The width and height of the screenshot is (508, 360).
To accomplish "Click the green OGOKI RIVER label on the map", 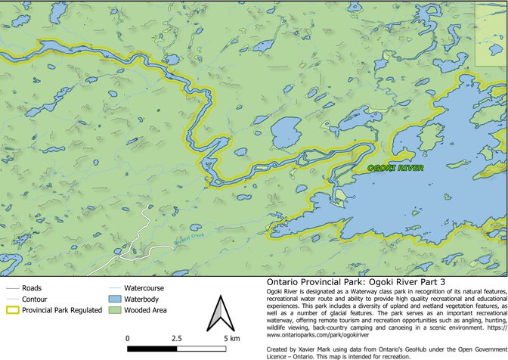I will [395, 168].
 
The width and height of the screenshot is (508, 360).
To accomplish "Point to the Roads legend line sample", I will [11, 288].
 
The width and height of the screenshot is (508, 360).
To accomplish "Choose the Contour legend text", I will [35, 299].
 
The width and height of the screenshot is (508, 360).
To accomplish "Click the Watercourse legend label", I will [144, 288].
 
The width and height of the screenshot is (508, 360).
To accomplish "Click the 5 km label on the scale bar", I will [231, 338].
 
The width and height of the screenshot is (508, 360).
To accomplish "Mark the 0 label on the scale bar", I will [128, 338].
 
